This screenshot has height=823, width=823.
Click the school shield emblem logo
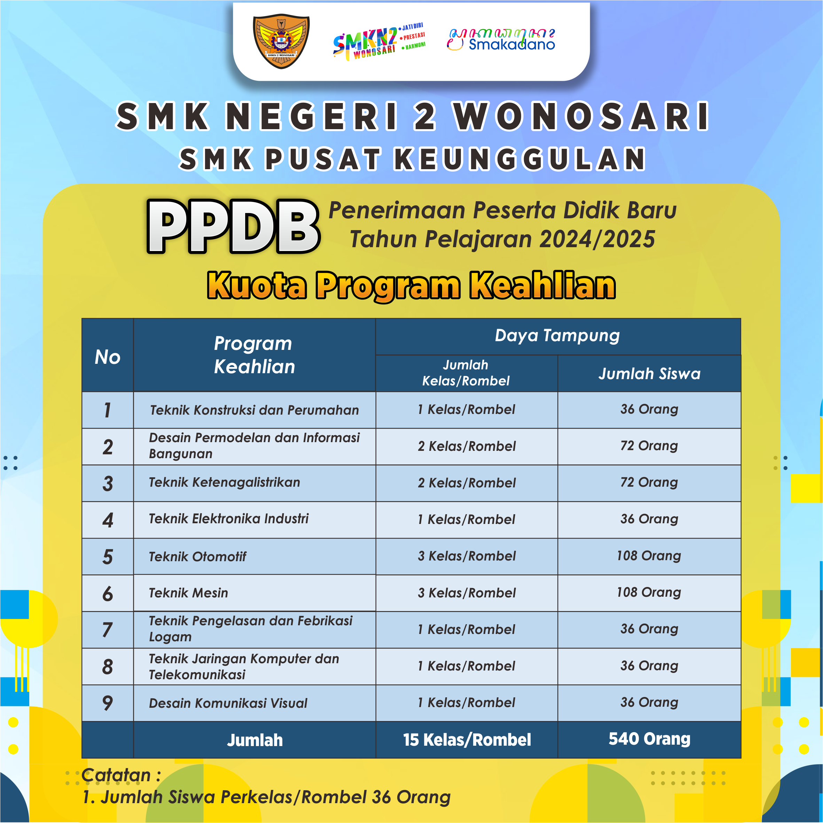coord(281,42)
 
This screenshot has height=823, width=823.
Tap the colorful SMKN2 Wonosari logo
coord(379,41)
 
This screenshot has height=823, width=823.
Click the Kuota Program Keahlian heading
coord(411,285)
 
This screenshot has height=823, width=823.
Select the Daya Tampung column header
coord(557,335)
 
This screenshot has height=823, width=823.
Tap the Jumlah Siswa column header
coord(649,374)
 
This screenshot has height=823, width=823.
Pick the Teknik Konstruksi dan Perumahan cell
coord(254,410)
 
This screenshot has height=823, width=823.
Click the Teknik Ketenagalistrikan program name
coord(225,482)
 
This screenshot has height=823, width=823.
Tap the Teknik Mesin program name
coord(188,593)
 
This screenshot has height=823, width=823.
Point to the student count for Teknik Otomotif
coord(649,556)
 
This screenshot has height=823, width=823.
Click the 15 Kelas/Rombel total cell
coord(467,740)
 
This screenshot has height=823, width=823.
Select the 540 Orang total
coord(649,739)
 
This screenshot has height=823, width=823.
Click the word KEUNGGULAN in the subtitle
coord(520,159)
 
